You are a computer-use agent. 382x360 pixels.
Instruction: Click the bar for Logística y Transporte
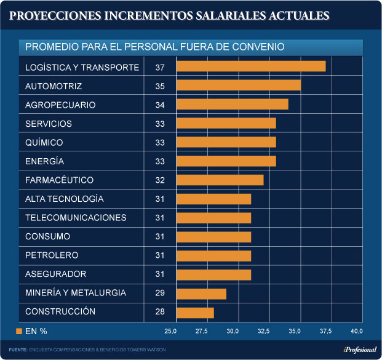(251, 66)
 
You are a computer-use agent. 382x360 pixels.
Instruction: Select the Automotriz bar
(239, 86)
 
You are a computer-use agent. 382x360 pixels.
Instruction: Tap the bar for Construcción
(195, 313)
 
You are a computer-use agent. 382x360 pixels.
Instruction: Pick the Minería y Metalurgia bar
(201, 294)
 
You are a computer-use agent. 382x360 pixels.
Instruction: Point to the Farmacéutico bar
(220, 180)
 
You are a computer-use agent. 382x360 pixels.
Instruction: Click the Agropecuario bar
(233, 105)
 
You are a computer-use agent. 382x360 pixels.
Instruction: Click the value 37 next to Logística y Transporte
(160, 67)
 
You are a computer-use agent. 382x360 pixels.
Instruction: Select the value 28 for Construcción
(160, 312)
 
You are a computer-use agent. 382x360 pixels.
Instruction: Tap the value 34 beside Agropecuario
(160, 105)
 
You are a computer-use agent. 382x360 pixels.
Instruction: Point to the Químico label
(44, 143)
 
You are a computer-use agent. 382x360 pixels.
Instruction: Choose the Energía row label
(44, 161)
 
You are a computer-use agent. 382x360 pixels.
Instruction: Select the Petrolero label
(52, 255)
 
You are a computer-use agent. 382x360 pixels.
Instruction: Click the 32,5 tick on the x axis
(264, 332)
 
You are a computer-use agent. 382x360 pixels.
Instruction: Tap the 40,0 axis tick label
(357, 332)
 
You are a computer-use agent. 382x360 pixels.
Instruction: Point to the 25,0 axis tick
(170, 332)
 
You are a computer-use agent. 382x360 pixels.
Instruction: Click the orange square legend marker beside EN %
(19, 331)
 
